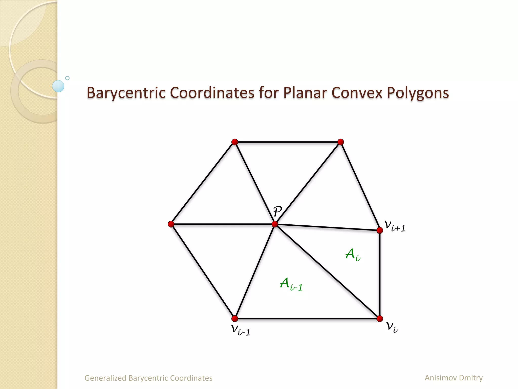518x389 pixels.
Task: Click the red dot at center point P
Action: click(275, 224)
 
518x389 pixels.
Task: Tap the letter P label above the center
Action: click(277, 211)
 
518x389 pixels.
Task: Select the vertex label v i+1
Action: click(395, 226)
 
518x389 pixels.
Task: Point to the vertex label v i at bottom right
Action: click(392, 327)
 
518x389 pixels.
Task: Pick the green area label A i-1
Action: click(291, 284)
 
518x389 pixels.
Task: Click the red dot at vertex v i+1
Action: click(380, 230)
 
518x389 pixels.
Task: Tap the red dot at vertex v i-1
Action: click(235, 318)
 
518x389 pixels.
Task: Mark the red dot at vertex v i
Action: click(380, 319)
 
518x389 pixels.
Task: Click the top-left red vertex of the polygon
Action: click(235, 142)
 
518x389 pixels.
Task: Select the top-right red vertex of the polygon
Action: click(340, 142)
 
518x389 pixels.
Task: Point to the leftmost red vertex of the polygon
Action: click(171, 224)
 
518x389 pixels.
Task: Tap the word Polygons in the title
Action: click(418, 93)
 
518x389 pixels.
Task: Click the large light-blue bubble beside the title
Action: click(58, 86)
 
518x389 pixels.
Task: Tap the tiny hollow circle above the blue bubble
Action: click(67, 78)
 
